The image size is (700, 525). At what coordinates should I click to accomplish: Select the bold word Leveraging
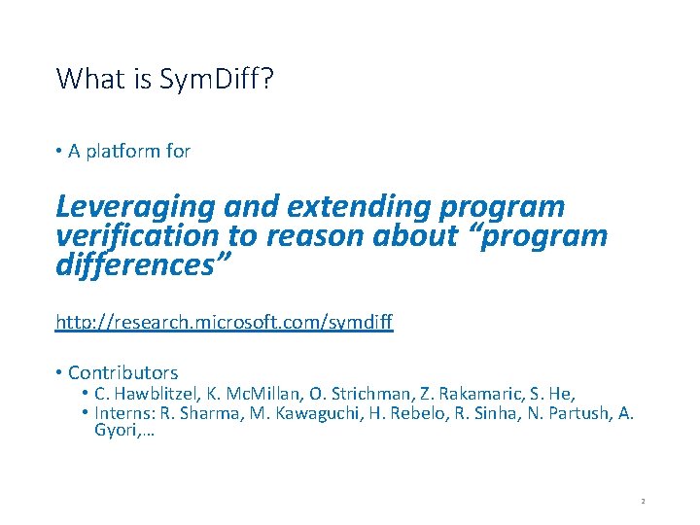click(x=135, y=208)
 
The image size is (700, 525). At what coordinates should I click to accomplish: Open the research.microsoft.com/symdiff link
click(x=225, y=321)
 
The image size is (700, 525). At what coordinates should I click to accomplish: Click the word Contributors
click(x=123, y=372)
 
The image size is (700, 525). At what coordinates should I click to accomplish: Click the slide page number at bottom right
click(x=643, y=502)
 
